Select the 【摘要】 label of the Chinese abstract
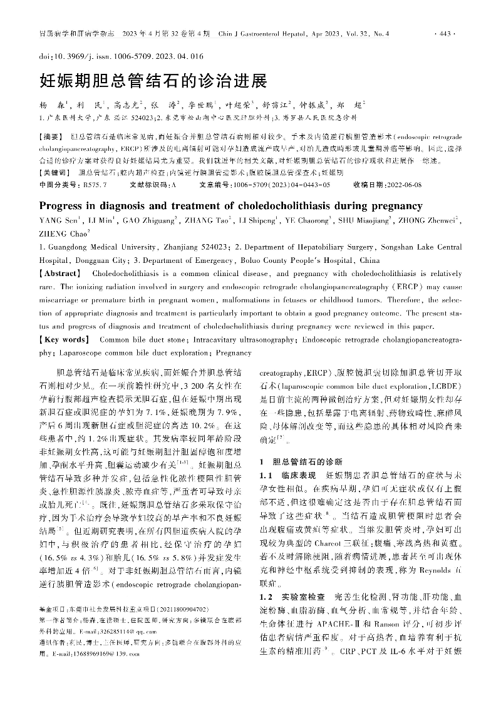tap(52, 136)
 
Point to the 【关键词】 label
tap(54, 172)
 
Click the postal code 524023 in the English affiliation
tap(208, 246)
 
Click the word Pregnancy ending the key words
tap(233, 353)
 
